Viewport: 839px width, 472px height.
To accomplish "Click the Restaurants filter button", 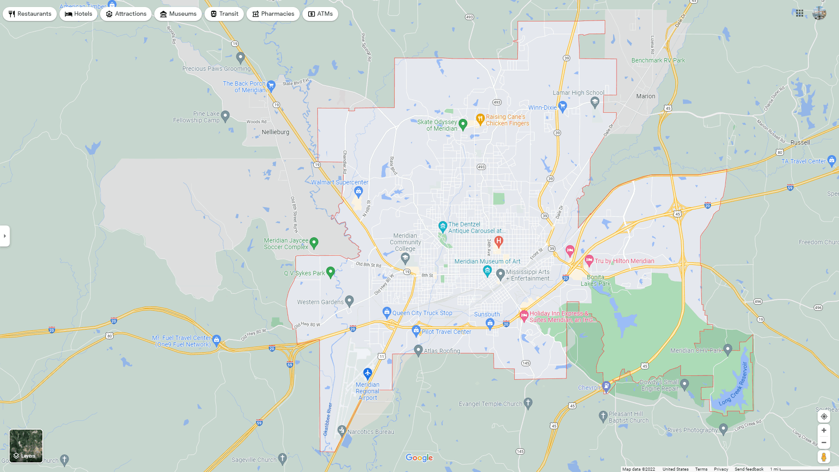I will click(x=30, y=14).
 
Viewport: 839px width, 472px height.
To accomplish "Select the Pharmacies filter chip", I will click(x=273, y=14).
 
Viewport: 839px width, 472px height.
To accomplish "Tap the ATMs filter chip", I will click(x=320, y=14).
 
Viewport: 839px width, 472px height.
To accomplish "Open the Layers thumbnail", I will click(x=26, y=446).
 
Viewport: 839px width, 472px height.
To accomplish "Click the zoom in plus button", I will click(x=824, y=430).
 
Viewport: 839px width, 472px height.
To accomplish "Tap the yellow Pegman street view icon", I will click(x=824, y=457).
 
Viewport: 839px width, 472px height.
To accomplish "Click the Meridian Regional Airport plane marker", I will click(x=367, y=373).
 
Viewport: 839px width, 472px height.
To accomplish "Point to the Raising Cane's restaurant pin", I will click(x=480, y=118).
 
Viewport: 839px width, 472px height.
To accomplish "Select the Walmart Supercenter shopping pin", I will click(x=358, y=191).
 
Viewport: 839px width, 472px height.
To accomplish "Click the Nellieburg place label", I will click(x=275, y=132).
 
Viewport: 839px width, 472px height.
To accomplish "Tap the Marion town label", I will click(x=645, y=96).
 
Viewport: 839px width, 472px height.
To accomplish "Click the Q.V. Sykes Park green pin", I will click(x=330, y=272).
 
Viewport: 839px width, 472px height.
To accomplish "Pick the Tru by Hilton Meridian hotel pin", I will click(x=589, y=260).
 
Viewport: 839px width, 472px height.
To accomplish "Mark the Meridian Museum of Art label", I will click(x=487, y=261).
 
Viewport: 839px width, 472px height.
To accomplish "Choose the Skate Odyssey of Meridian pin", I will click(x=463, y=124).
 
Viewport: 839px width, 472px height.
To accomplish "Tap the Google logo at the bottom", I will click(x=419, y=458).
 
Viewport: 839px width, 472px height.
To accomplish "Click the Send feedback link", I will click(x=749, y=469).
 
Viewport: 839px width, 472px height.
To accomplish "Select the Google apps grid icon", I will click(x=799, y=14).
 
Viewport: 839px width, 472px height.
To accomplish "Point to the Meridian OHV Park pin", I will click(x=728, y=349).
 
